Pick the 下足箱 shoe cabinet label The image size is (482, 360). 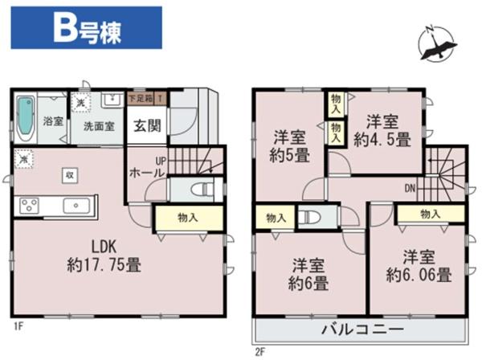pyautogui.click(x=142, y=99)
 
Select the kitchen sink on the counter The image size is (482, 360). pyautogui.click(x=75, y=204)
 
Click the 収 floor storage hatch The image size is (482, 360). pyautogui.click(x=70, y=174)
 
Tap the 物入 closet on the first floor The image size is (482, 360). pyautogui.click(x=189, y=218)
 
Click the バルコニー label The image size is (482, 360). pyautogui.click(x=363, y=329)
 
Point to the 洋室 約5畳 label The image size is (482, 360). pyautogui.click(x=288, y=145)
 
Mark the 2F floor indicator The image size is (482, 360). pyautogui.click(x=259, y=351)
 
